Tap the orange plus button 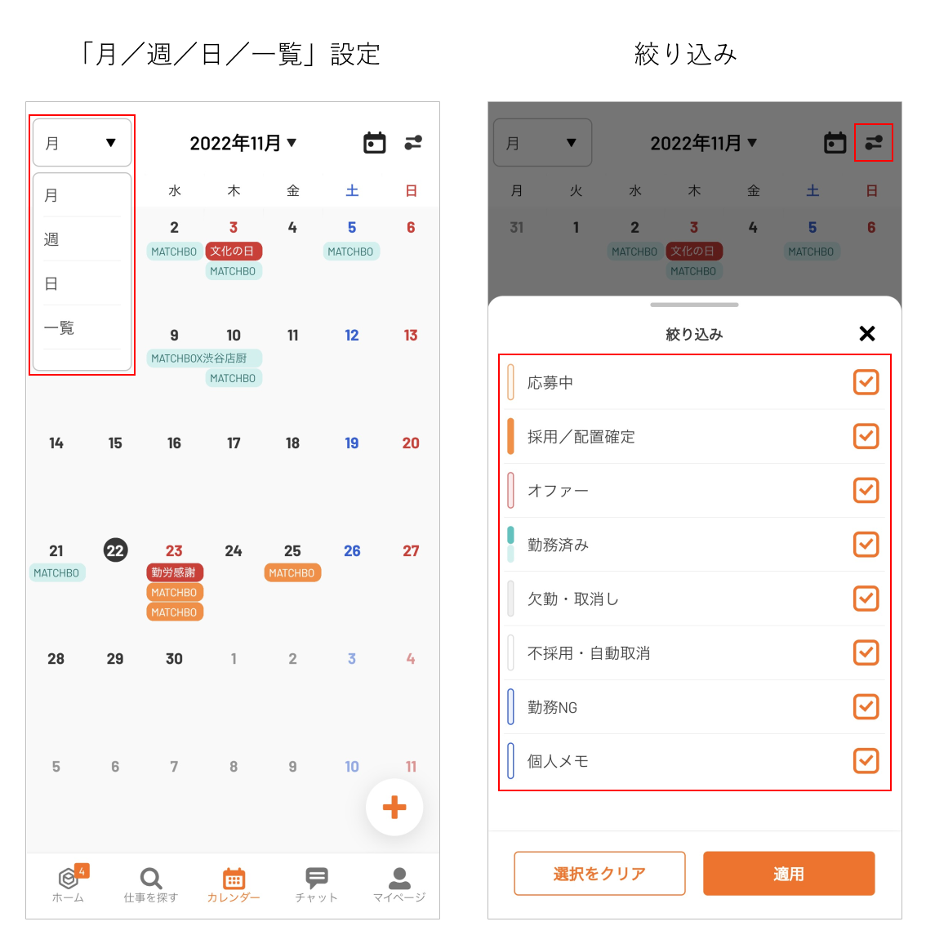[x=394, y=808]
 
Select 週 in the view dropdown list [x=51, y=239]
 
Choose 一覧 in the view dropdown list [x=59, y=327]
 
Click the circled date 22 [x=115, y=550]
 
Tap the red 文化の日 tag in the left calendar [x=234, y=251]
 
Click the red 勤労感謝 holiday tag [x=174, y=572]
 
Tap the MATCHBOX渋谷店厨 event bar [x=204, y=358]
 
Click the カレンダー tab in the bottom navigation [x=234, y=884]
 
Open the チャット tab [x=317, y=884]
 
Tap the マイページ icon [x=400, y=878]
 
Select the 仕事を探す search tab [x=150, y=884]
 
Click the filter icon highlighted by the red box [x=874, y=142]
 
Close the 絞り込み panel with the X [x=867, y=334]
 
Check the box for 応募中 [x=866, y=382]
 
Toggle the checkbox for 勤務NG [x=866, y=706]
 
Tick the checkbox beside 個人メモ [x=866, y=761]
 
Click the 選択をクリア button [x=599, y=874]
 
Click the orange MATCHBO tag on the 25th [x=292, y=572]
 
